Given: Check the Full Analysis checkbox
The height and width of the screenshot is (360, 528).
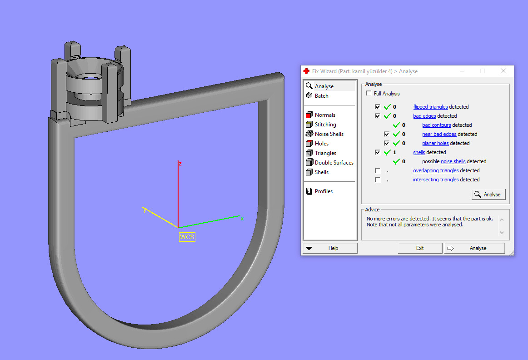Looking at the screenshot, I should click(x=369, y=94).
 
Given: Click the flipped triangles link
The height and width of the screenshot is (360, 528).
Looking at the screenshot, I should click(x=430, y=107).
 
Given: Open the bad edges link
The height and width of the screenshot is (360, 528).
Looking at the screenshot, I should click(x=424, y=116).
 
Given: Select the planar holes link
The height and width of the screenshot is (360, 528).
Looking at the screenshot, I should click(x=435, y=143).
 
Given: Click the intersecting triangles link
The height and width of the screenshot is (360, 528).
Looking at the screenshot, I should click(x=436, y=180).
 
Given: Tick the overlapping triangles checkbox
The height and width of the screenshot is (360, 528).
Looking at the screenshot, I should click(x=378, y=170).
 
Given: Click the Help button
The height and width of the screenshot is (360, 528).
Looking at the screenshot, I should click(x=330, y=248).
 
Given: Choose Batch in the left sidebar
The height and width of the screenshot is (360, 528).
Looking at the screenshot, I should click(x=321, y=96).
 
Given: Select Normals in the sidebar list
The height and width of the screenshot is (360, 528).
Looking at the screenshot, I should click(x=325, y=115).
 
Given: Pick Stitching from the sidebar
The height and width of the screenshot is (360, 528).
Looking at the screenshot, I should click(x=325, y=125).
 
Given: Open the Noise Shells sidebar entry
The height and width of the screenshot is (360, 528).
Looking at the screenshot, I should click(x=329, y=134).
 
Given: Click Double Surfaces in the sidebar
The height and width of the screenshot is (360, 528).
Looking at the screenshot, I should click(x=334, y=163).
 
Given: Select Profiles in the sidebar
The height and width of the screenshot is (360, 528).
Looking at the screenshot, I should click(x=324, y=191).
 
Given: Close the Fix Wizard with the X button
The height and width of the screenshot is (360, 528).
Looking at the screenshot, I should click(x=503, y=71).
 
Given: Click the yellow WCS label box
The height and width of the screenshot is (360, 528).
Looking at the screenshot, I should click(x=187, y=237).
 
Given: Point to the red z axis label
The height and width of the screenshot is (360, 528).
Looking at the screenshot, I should click(x=180, y=164).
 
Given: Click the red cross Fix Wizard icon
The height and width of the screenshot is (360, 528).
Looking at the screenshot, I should click(x=307, y=71).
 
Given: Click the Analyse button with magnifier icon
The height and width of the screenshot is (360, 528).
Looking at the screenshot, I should click(x=488, y=195).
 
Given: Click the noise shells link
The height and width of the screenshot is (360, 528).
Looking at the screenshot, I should click(x=453, y=161).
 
